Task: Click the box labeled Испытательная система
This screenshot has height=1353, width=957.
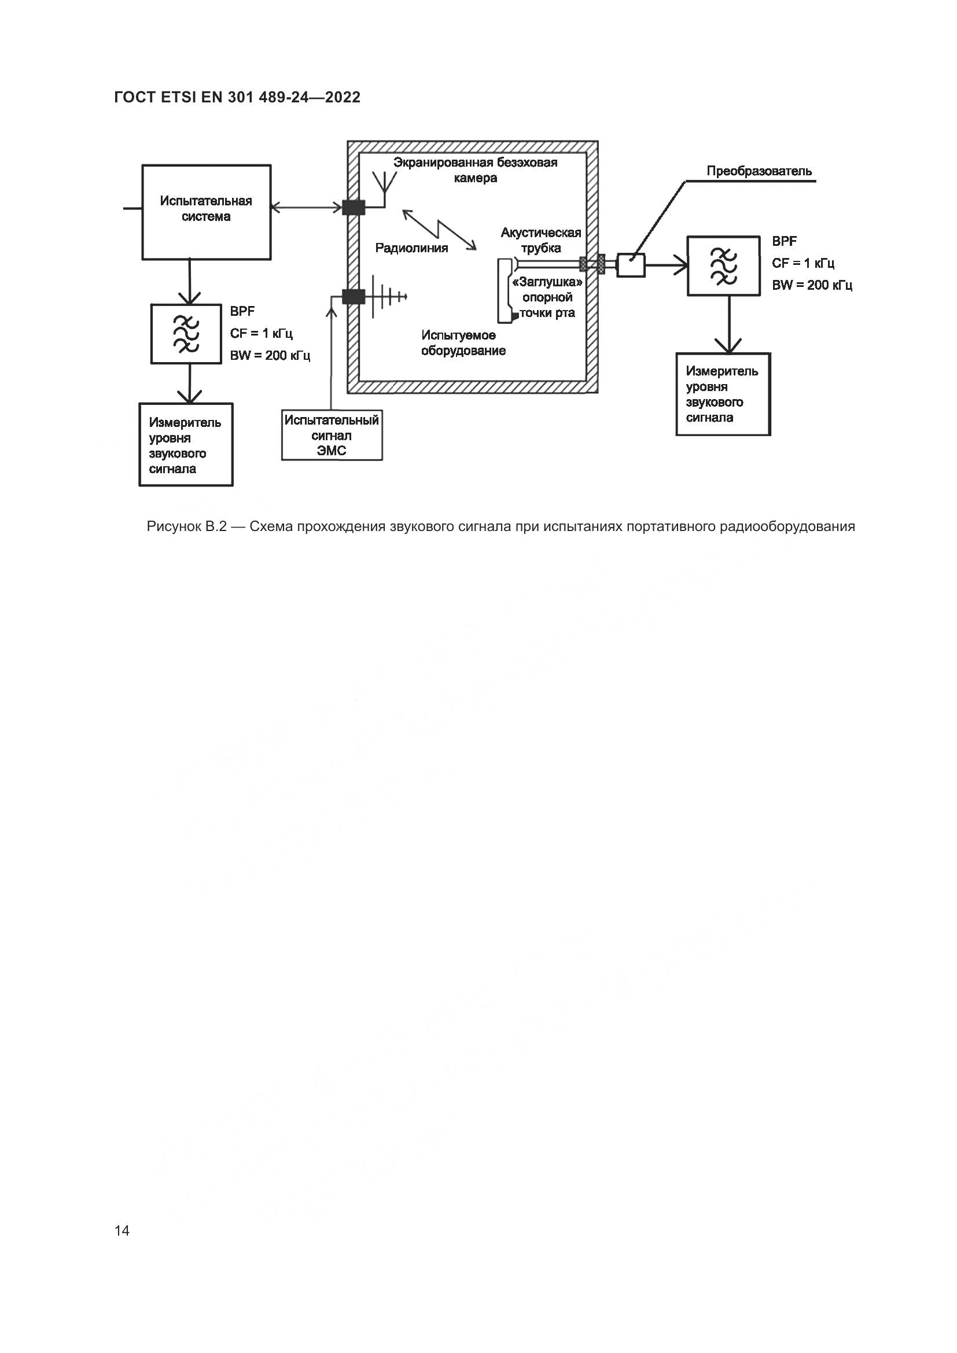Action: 206,212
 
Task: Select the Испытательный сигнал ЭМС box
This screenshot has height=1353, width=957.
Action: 332,436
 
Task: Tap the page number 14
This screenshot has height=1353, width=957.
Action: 122,1230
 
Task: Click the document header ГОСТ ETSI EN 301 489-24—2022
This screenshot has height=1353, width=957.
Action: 237,97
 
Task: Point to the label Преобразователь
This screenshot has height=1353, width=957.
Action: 759,171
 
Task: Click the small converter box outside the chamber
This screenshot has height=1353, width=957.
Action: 631,265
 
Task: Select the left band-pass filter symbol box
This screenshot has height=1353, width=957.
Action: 186,334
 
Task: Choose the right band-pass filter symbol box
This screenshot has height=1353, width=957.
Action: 723,266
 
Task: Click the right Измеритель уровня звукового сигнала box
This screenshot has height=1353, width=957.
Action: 723,395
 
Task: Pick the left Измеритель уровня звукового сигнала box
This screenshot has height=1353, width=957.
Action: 186,445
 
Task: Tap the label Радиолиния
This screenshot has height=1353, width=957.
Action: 411,248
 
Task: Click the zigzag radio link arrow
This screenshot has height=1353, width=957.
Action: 439,230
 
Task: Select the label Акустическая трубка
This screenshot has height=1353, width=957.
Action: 540,240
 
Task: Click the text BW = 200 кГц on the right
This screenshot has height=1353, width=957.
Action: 812,285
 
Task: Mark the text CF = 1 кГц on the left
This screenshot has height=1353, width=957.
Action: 261,334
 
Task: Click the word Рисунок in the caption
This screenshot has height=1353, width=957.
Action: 173,527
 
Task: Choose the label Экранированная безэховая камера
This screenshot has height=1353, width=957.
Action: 475,169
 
